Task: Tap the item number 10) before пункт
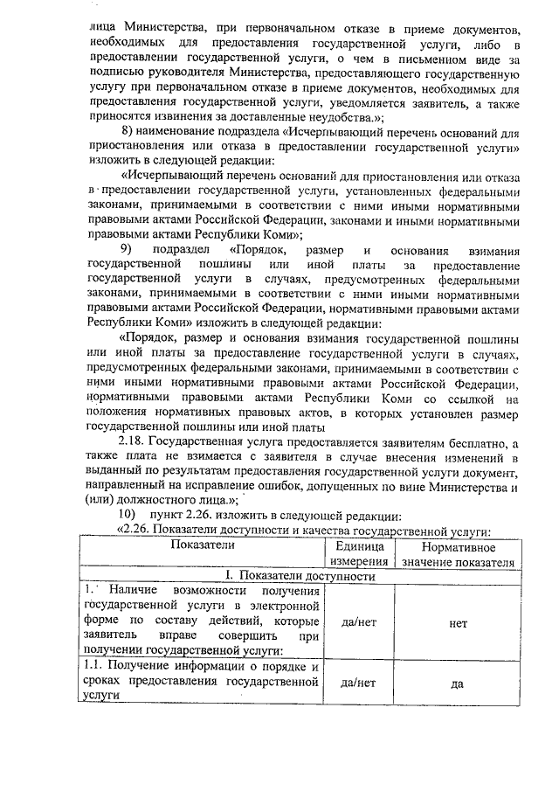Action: click(x=129, y=514)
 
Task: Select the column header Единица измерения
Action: click(x=356, y=553)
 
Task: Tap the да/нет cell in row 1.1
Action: click(x=356, y=683)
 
